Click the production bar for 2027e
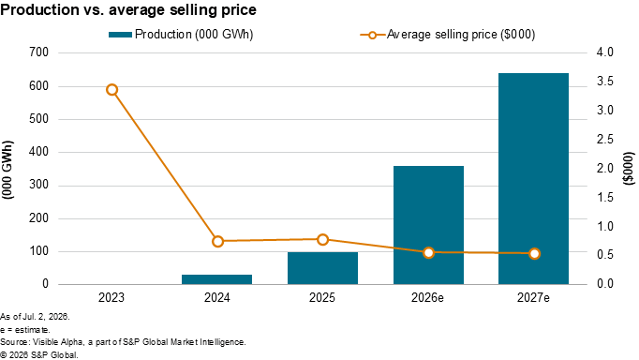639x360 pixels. coord(533,178)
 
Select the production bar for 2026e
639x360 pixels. coord(428,225)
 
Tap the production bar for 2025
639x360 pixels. coord(322,268)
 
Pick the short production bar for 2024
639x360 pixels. coord(216,279)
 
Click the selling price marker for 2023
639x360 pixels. coord(112,90)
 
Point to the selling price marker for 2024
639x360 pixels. coord(218,241)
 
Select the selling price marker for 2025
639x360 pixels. coord(322,239)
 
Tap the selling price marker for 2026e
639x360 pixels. coord(428,253)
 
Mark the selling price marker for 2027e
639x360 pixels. coord(534,253)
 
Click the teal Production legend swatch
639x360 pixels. coord(120,35)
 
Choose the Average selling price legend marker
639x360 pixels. coord(372,35)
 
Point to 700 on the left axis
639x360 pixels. coord(38,52)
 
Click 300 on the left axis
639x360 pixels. coord(38,185)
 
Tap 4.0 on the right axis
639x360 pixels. coord(604,52)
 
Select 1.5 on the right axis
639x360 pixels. coord(604,197)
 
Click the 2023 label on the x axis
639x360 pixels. coord(111,297)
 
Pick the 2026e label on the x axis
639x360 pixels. coord(427,297)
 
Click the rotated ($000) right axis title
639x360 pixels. coord(630,168)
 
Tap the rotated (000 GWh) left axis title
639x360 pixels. coord(7,170)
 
